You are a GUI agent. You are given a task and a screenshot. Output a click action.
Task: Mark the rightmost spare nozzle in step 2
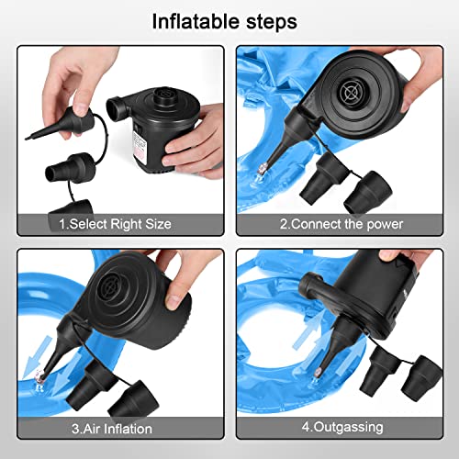[367, 188]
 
